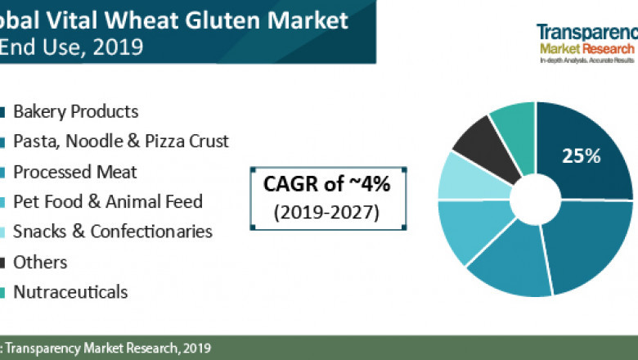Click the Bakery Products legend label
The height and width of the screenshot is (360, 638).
75,112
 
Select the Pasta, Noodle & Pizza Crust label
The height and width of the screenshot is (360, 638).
120,142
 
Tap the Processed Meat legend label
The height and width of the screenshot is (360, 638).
74,172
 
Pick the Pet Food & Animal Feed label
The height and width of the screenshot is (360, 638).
107,201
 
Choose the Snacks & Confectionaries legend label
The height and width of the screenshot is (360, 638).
112,232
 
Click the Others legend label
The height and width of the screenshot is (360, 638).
40,262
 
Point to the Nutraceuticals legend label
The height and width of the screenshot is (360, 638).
70,291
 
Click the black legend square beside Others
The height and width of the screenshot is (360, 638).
4,262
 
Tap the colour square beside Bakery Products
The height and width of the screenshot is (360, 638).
4,112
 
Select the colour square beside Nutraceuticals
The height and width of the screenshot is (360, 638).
4,291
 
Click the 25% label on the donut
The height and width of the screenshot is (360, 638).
582,155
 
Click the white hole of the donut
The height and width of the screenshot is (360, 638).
535,200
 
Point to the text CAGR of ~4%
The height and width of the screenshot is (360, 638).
315,185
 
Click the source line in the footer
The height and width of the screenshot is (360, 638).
106,348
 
